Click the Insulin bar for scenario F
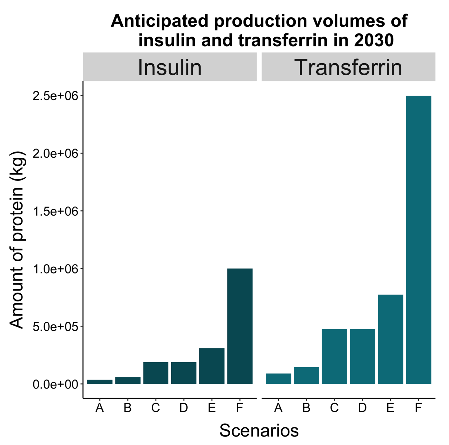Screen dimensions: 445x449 (240, 326)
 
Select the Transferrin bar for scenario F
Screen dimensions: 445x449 (418, 240)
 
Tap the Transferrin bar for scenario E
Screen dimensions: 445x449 (390, 339)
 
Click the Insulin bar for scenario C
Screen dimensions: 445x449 (156, 373)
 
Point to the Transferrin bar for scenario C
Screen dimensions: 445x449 (334, 356)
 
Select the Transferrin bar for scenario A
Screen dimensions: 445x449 (278, 379)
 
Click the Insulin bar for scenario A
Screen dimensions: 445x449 (100, 382)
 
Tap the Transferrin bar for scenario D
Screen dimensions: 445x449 (362, 356)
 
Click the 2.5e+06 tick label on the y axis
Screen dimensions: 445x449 (56, 96)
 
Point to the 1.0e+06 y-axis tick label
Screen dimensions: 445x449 (56, 269)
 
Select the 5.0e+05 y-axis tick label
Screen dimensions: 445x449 (56, 327)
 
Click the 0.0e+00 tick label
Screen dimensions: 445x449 (56, 384)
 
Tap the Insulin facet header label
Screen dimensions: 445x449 (170, 67)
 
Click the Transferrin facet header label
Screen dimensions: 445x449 (348, 67)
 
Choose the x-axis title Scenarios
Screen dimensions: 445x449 (259, 430)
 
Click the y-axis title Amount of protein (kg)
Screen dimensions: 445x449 (17, 240)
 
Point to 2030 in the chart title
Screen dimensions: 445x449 (374, 40)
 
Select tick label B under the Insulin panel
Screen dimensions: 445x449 (127, 408)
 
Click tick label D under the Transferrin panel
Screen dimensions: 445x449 (362, 408)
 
